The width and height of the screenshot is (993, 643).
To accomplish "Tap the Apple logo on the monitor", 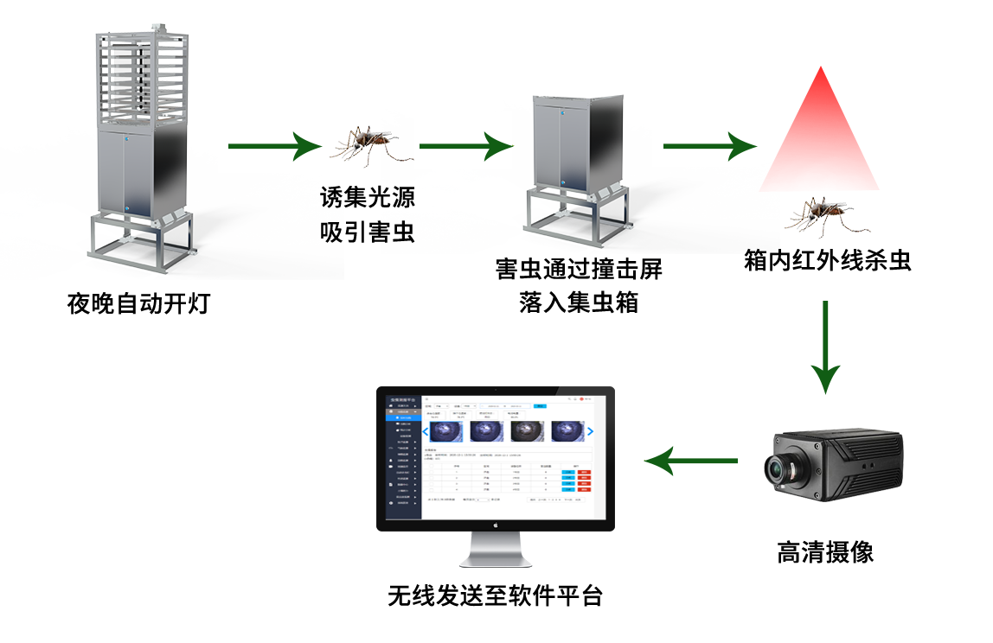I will click(x=496, y=525).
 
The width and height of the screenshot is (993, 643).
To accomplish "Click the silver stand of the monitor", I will click(x=496, y=549).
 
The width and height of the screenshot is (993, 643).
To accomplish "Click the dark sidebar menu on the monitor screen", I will click(x=404, y=458).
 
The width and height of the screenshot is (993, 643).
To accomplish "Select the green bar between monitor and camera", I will click(x=690, y=461).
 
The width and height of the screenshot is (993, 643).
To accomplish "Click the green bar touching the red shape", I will click(x=709, y=146).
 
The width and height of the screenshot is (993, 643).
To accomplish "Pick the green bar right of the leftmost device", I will click(x=275, y=146).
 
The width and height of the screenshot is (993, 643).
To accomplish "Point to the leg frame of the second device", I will click(x=575, y=216).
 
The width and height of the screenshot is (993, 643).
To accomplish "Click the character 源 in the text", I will click(x=400, y=198).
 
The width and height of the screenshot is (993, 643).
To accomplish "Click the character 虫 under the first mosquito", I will click(x=400, y=232).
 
